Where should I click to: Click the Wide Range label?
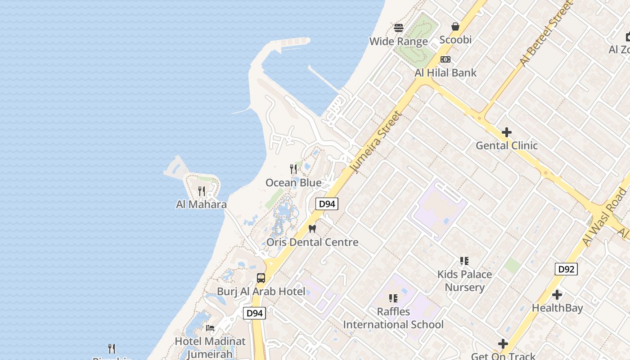click(x=398, y=41)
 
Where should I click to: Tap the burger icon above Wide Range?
click(x=399, y=28)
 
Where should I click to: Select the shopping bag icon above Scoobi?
click(x=455, y=27)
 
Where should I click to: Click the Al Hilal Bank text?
click(x=445, y=72)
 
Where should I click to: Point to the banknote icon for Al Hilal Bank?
click(x=445, y=59)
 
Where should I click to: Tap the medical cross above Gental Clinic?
click(x=507, y=132)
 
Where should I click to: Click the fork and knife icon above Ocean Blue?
click(x=293, y=169)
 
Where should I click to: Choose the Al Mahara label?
click(x=201, y=204)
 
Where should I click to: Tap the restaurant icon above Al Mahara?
click(x=202, y=191)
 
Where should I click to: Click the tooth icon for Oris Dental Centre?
click(x=312, y=229)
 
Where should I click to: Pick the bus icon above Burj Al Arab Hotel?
click(x=261, y=278)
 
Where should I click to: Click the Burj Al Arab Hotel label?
click(x=261, y=291)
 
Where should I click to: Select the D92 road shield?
click(x=566, y=269)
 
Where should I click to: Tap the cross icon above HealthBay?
click(x=557, y=295)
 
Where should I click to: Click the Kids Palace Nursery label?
click(x=464, y=281)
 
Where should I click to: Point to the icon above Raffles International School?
click(x=393, y=298)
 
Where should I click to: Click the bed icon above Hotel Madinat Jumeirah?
click(x=210, y=328)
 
